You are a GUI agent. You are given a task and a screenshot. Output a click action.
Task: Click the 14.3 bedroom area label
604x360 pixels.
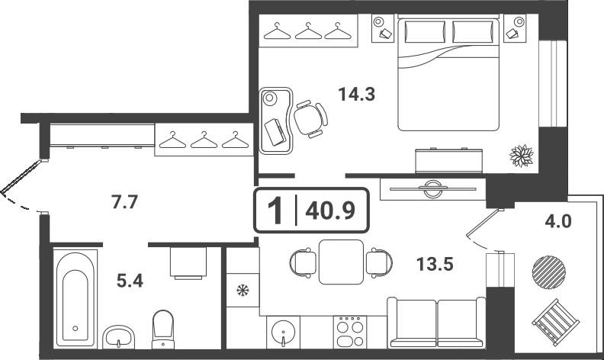pyautogui.click(x=356, y=94)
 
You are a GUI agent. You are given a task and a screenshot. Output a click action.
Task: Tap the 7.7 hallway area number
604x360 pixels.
pyautogui.click(x=124, y=202)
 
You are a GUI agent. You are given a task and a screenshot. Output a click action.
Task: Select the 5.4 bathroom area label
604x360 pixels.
pyautogui.click(x=130, y=281)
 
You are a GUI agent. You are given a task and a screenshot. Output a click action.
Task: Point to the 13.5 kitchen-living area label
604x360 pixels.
pyautogui.click(x=435, y=265)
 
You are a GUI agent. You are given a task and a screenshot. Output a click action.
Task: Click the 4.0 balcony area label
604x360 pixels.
pyautogui.click(x=558, y=221)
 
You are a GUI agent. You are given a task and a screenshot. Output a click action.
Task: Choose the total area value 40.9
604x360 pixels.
pyautogui.click(x=330, y=211)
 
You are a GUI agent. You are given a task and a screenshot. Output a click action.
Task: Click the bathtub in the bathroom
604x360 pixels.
pyautogui.click(x=75, y=298)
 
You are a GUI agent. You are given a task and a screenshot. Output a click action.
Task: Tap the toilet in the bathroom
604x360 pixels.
pyautogui.click(x=163, y=329)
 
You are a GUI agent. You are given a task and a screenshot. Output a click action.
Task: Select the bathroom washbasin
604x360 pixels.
pyautogui.click(x=118, y=336)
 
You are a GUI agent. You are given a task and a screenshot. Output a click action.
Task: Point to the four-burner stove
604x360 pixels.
pyautogui.click(x=350, y=332)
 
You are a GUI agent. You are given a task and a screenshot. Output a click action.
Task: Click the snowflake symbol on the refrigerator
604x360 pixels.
pyautogui.click(x=243, y=290)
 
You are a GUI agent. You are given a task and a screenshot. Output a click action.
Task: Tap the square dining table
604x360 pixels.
pyautogui.click(x=342, y=262)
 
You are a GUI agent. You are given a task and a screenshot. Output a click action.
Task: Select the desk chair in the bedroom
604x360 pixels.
pyautogui.click(x=310, y=119)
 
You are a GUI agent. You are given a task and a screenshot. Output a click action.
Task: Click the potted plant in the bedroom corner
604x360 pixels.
pyautogui.click(x=522, y=156)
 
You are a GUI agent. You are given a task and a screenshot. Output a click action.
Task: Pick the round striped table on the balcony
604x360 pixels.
pyautogui.click(x=549, y=272)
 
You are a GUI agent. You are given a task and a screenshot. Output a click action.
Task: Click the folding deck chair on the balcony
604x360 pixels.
pyautogui.click(x=556, y=322)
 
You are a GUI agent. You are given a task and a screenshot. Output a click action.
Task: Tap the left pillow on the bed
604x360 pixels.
pyautogui.click(x=425, y=32)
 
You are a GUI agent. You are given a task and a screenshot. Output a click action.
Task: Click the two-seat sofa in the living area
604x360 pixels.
pyautogui.click(x=436, y=322)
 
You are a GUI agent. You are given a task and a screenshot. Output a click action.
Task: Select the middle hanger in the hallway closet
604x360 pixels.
pyautogui.click(x=204, y=140)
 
